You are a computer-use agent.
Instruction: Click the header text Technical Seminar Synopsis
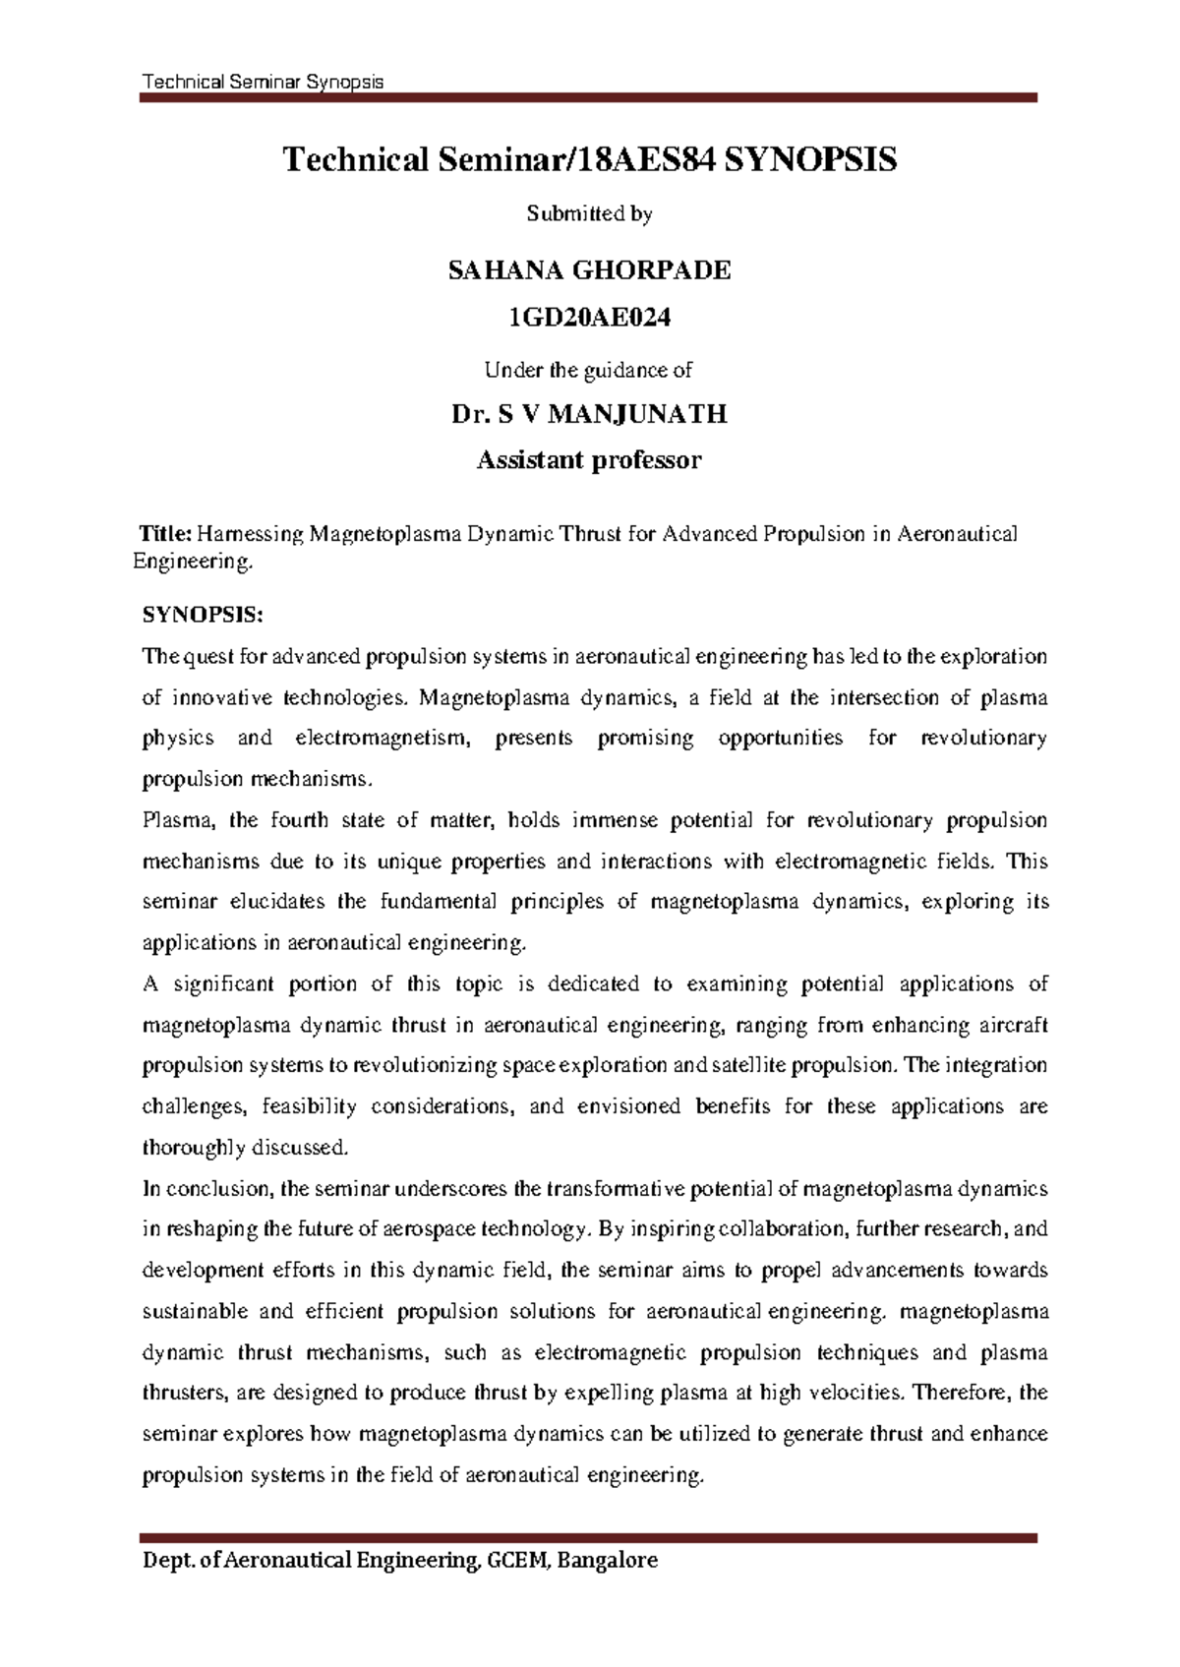pos(263,82)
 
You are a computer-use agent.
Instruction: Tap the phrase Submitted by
pos(589,213)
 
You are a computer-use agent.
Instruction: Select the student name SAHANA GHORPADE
pos(589,271)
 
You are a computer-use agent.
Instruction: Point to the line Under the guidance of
pos(589,370)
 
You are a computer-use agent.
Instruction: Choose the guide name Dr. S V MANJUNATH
pos(589,414)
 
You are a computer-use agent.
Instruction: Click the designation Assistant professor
pos(589,459)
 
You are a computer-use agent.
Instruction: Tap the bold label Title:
pos(166,534)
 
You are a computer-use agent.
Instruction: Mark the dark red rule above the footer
pos(589,1536)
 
